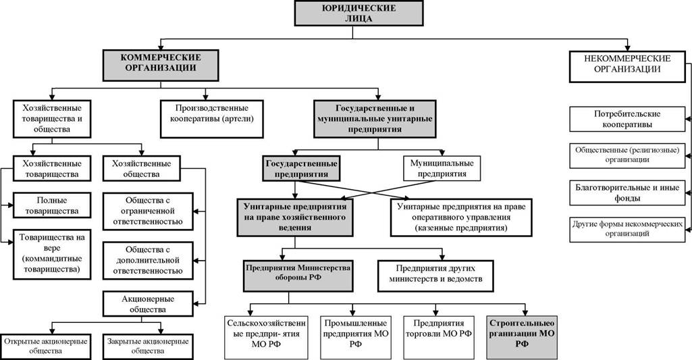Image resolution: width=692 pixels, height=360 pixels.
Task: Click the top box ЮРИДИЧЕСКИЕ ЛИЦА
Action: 352,14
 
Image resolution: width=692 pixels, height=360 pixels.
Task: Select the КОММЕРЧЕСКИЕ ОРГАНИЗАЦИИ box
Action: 161,66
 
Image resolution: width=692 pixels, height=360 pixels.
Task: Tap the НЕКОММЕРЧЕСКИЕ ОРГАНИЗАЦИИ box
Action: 627,66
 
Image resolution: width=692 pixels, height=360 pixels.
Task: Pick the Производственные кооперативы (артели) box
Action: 212,118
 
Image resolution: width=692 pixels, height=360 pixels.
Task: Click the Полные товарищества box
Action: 51,205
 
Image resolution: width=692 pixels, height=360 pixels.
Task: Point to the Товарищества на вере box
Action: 51,254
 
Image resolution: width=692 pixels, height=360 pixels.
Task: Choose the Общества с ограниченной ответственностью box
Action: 148,211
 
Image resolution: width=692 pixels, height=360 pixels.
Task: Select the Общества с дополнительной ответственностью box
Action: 148,261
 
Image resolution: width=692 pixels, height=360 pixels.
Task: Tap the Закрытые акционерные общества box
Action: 148,346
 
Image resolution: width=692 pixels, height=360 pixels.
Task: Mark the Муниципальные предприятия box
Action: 442,168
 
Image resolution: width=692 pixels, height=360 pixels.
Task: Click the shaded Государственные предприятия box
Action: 301,168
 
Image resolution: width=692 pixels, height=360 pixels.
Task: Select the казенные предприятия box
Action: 461,217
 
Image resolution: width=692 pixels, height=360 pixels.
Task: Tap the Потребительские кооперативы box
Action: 627,119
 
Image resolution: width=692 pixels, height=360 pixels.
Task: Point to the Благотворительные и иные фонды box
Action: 627,192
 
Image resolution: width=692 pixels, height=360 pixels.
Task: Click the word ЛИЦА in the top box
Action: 352,18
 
